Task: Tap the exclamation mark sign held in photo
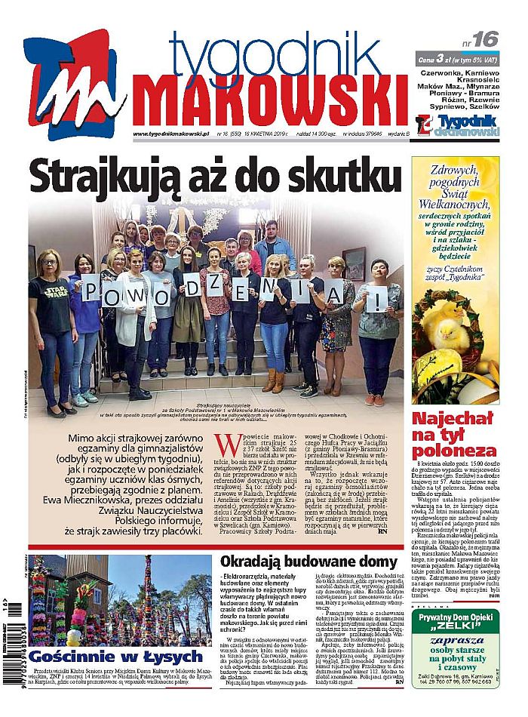pos(378,297)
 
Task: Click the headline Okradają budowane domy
pos(308,563)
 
